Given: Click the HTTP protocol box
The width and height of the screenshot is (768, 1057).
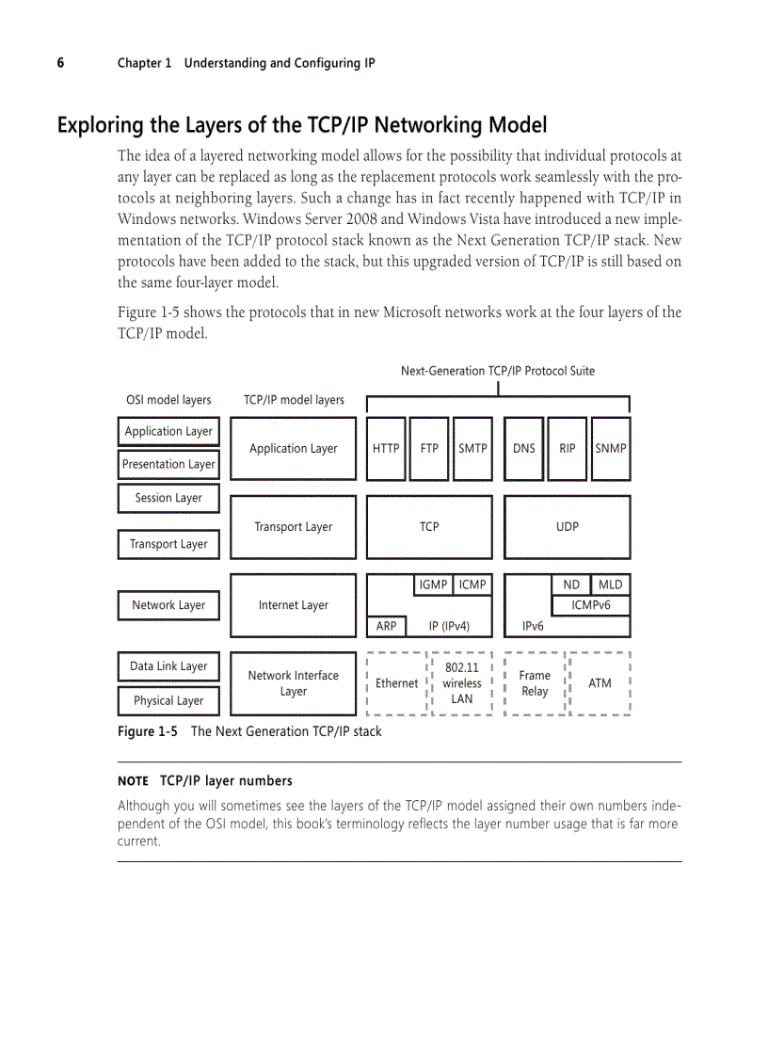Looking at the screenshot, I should [x=386, y=449].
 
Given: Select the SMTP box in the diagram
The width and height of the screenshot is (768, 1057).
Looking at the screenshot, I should [x=472, y=449].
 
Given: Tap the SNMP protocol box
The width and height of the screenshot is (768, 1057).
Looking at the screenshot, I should [x=611, y=449].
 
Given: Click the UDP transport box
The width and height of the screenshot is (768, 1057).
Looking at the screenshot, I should [x=567, y=527].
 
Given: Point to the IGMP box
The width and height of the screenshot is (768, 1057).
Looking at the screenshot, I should [x=433, y=585].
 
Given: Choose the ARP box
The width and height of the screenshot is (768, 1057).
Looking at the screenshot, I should [x=386, y=626].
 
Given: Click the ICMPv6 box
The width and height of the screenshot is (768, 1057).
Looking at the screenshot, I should [x=590, y=605].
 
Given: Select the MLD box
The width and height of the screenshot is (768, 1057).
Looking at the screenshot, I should [x=610, y=585].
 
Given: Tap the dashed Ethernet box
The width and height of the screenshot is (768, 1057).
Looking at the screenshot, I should [x=396, y=683].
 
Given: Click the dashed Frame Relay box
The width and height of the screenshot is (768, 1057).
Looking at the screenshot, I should [x=535, y=683].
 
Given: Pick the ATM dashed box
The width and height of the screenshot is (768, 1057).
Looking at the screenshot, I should [x=600, y=683].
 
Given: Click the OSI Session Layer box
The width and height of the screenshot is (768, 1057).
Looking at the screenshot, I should [x=168, y=498].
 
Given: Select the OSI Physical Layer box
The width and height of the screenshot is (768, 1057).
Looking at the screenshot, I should [x=168, y=700].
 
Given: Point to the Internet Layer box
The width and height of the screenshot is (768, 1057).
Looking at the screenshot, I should [x=293, y=605].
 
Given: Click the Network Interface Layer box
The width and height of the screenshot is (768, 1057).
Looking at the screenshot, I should [x=293, y=683].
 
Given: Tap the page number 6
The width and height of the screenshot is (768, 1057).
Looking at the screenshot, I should [x=60, y=63].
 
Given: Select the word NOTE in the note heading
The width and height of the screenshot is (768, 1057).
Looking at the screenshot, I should [x=133, y=781].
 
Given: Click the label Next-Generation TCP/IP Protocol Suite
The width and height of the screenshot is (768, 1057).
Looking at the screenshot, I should [x=497, y=371].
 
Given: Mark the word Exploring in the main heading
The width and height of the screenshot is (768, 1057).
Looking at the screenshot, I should [x=101, y=125].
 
